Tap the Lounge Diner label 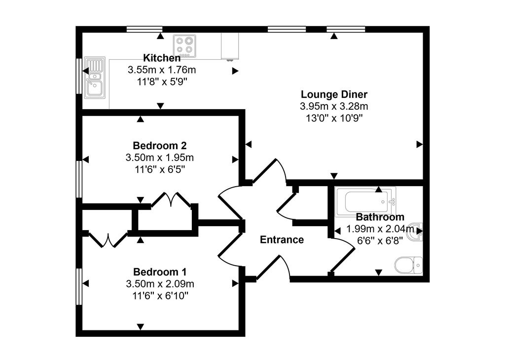click(334, 94)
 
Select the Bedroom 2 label click(159, 146)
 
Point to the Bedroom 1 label click(159, 272)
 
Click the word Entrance click(282, 240)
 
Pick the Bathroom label click(380, 217)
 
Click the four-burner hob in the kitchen click(184, 45)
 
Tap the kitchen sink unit click(94, 77)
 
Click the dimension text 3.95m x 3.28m click(334, 106)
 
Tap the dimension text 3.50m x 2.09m click(159, 284)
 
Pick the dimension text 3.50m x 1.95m click(159, 158)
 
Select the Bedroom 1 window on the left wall click(78, 286)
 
